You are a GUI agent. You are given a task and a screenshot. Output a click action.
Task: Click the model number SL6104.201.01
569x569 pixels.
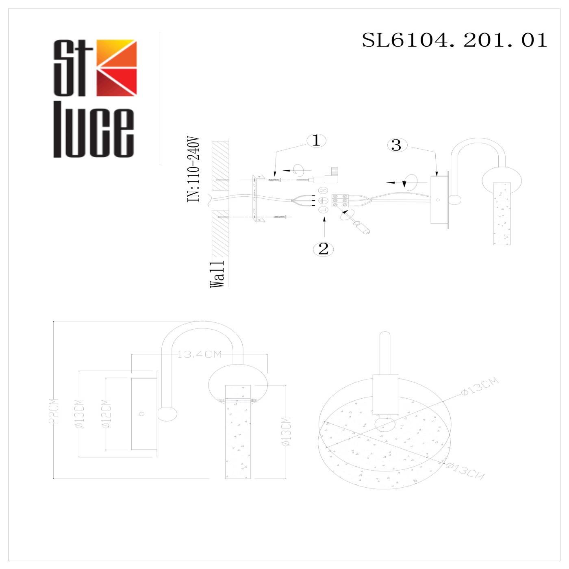pos(454,40)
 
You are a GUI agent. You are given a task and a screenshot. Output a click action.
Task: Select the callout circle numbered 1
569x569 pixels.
pos(316,141)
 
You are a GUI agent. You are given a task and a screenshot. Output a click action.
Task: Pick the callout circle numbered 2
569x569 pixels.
pos(324,249)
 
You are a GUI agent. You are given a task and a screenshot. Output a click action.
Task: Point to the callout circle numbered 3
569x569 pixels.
pos(396,145)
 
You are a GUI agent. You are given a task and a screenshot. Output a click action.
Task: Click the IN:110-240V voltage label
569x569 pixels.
pos(194,169)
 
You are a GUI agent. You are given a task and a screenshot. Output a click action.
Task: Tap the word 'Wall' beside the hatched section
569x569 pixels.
pos(217,274)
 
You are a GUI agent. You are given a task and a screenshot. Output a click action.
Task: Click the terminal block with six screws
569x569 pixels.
pos(341,200)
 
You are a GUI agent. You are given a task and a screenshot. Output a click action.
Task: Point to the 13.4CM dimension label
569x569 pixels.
pos(200,354)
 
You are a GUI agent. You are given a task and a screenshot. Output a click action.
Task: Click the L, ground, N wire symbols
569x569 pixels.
pos(323,200)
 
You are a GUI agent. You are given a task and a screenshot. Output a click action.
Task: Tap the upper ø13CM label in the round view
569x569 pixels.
pos(480,386)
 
